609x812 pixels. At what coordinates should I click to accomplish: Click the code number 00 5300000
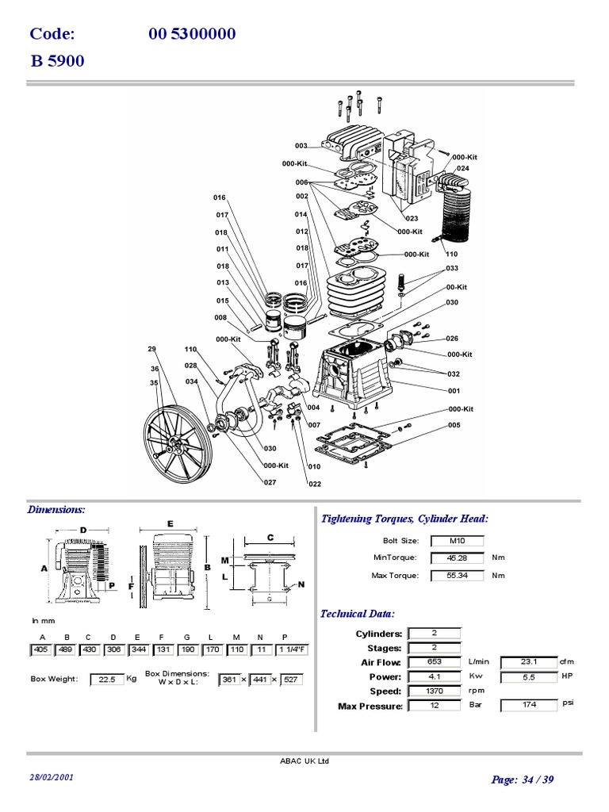point(192,34)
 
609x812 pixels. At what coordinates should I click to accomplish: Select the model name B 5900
point(57,61)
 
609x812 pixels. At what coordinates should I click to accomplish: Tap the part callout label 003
point(301,146)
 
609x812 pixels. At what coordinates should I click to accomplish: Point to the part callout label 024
point(463,168)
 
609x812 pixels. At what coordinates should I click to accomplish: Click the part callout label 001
point(454,390)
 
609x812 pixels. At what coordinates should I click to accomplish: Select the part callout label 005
point(454,425)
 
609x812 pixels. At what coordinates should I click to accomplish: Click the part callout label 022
point(315,485)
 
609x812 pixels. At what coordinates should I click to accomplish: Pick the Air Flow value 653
point(435,662)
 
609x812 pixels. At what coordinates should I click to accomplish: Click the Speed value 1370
point(435,691)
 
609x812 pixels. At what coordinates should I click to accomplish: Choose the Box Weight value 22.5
point(106,680)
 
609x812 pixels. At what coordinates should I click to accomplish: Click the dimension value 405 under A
point(42,650)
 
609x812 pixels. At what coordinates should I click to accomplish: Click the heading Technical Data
point(357,614)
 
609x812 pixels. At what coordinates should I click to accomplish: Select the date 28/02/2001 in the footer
point(52,778)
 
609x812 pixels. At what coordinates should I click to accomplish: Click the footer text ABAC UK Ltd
point(304,761)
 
